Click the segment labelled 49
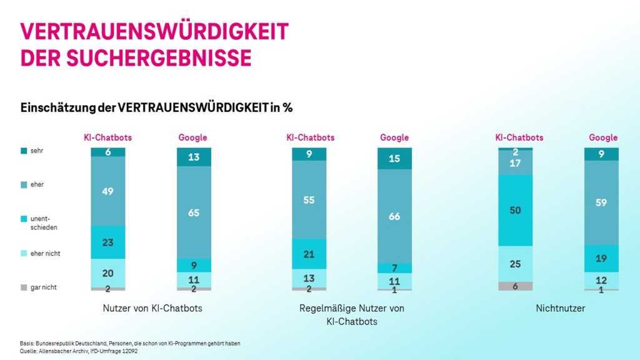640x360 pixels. point(107,191)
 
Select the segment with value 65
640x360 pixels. point(194,212)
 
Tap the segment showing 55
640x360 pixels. point(309,200)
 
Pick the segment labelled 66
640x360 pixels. point(394,216)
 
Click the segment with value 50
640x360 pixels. point(515,211)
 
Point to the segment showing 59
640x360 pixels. point(601,202)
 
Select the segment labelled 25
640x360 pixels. point(515,264)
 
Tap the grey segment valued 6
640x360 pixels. point(515,286)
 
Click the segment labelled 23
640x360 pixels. point(107,242)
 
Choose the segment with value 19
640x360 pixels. point(601,258)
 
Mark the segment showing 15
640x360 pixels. point(394,159)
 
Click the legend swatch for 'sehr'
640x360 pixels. point(24,150)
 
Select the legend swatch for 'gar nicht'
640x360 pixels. point(24,288)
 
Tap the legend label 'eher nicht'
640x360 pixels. point(45,253)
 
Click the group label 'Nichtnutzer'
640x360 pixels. point(560,308)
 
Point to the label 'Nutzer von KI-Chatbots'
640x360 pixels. point(152,308)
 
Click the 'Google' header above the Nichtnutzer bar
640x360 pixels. point(602,137)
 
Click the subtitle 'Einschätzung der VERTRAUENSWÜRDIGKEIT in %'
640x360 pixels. point(156,107)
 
